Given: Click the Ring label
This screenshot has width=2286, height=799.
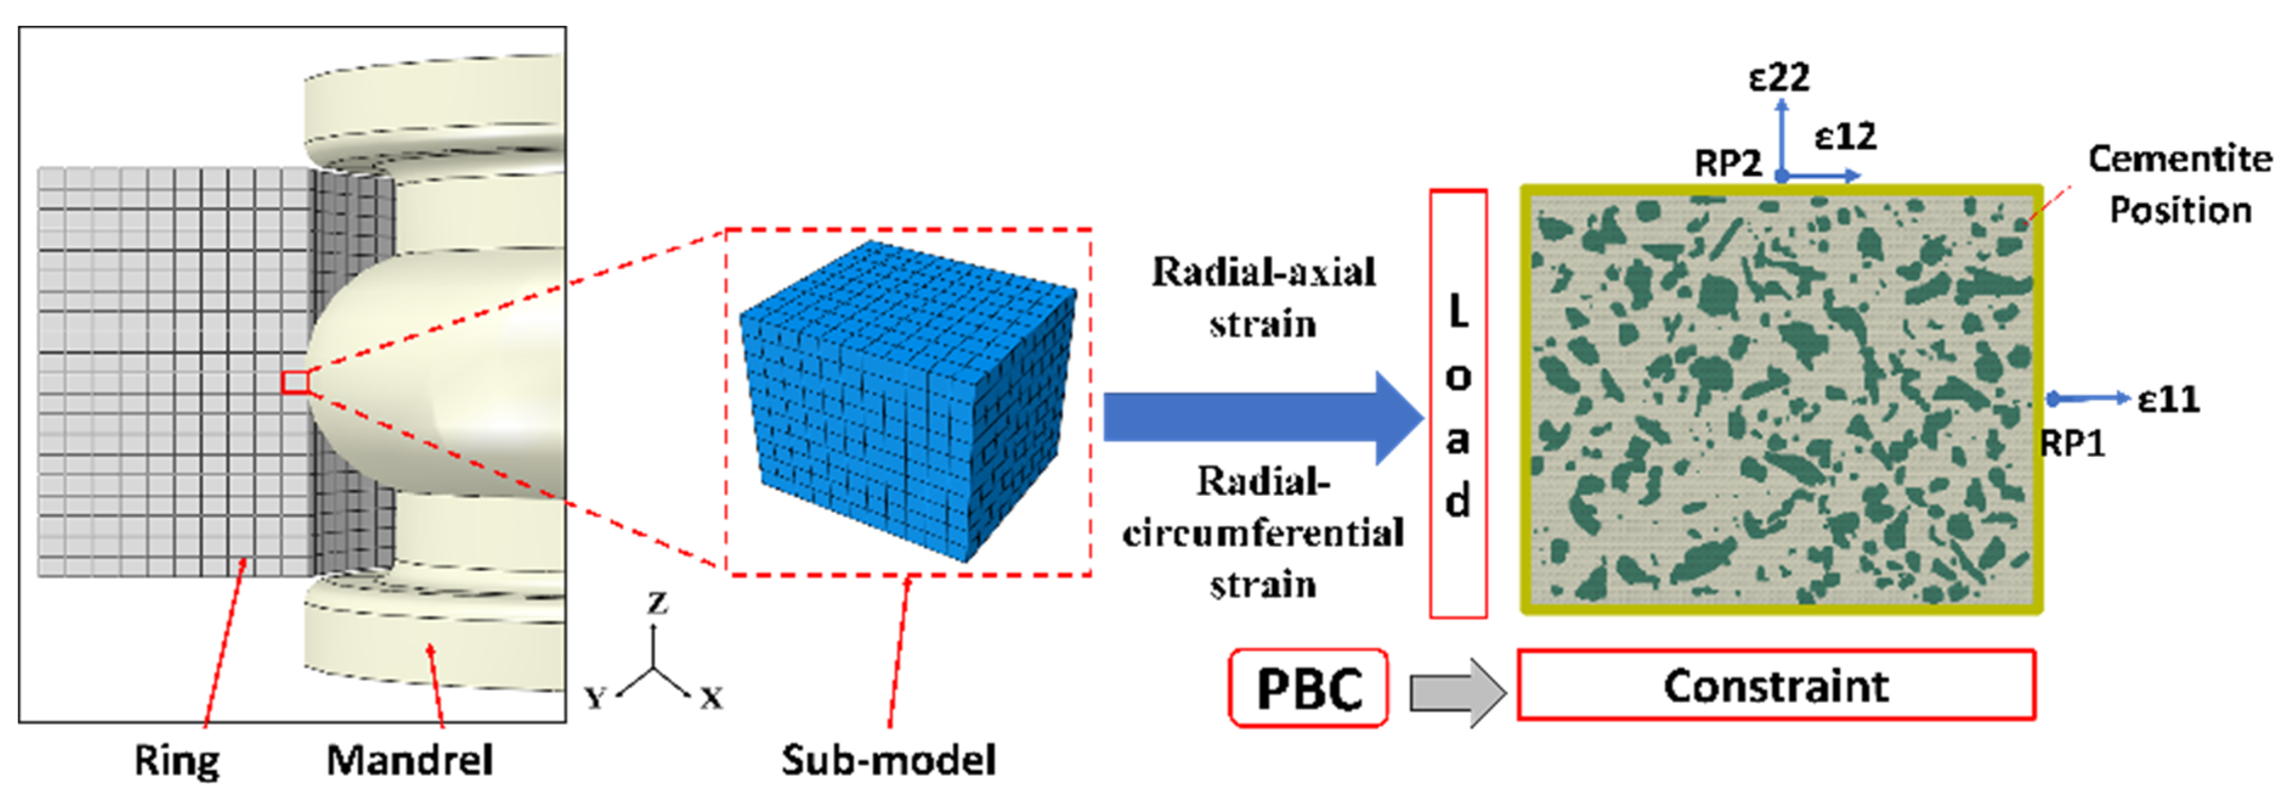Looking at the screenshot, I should (176, 760).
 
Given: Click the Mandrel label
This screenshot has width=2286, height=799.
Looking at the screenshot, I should (409, 760).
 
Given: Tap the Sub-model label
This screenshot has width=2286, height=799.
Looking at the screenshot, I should (889, 760).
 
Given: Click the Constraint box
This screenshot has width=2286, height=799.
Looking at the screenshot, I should (1776, 685).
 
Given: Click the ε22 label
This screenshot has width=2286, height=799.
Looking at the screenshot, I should (1778, 78).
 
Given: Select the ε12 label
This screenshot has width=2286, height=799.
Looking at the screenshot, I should (1845, 137).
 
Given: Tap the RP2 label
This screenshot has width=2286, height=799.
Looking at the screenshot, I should (1727, 163).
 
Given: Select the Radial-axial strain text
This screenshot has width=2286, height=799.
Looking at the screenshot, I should (1263, 297).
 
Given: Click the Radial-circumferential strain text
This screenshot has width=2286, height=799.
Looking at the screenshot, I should (1263, 533).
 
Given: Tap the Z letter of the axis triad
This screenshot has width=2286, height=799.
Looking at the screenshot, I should (657, 604).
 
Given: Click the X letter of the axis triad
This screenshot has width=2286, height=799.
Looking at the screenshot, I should (711, 699).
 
